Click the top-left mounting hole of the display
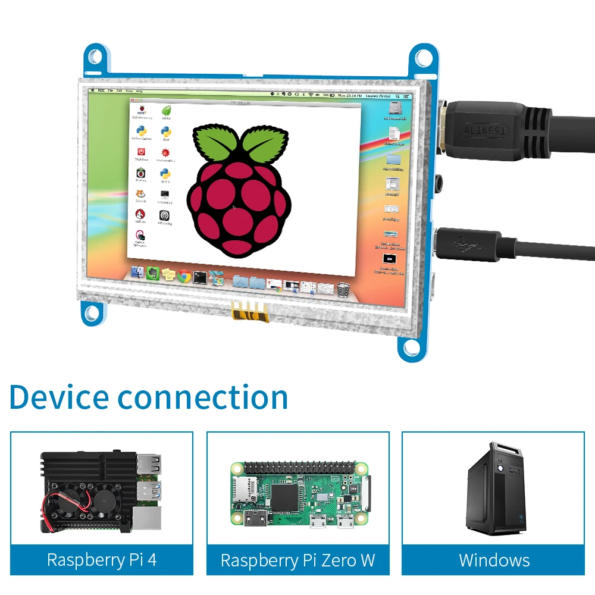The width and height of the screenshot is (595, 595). pyautogui.click(x=95, y=57)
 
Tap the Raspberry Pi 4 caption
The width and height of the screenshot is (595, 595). pyautogui.click(x=102, y=560)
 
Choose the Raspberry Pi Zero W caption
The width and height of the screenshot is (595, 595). pyautogui.click(x=297, y=560)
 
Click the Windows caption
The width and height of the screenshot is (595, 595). pyautogui.click(x=494, y=560)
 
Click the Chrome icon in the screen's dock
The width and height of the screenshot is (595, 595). pyautogui.click(x=184, y=275)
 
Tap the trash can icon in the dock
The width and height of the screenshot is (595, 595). pyautogui.click(x=343, y=290)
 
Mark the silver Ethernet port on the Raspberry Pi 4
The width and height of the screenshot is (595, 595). pyautogui.click(x=146, y=519)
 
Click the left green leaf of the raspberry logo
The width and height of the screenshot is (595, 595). pyautogui.click(x=212, y=143)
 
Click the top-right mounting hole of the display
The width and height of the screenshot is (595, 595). pyautogui.click(x=423, y=58)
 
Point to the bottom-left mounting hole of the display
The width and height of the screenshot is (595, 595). pyautogui.click(x=90, y=312)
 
